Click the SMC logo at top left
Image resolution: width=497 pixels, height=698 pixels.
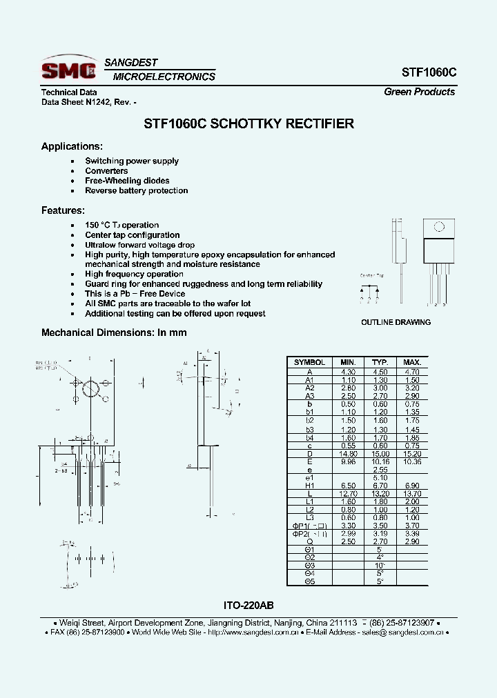click(68, 69)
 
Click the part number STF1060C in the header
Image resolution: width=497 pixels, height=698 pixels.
click(429, 72)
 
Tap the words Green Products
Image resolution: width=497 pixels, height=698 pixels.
click(419, 92)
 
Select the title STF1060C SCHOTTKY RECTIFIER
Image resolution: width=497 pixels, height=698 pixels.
click(248, 124)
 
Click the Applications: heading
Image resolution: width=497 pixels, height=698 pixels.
click(72, 146)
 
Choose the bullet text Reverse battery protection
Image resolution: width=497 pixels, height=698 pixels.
click(136, 190)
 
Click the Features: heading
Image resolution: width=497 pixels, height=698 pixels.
click(63, 210)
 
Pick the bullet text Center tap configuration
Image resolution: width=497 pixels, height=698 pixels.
click(132, 235)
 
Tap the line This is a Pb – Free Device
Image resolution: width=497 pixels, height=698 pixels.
click(135, 294)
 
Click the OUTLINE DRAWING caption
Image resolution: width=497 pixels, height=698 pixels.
click(396, 322)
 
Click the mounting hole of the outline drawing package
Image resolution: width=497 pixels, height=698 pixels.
click(438, 227)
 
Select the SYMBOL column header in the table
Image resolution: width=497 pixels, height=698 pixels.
click(309, 362)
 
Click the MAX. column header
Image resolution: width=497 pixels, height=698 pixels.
click(412, 362)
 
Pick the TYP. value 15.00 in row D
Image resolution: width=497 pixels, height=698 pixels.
click(380, 453)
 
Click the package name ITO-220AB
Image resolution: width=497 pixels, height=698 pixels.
click(248, 606)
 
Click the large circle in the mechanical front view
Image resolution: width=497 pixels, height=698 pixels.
click(90, 390)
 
